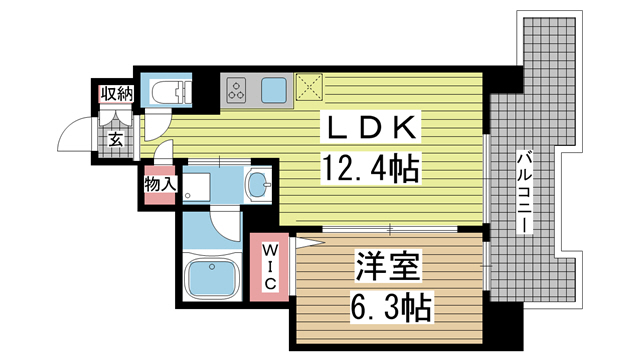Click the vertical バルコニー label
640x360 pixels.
click(524, 191)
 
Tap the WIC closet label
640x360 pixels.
click(270, 265)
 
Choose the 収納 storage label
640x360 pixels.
click(116, 95)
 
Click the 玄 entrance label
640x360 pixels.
click(116, 139)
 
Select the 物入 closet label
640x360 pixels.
click(159, 184)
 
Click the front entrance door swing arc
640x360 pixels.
click(76, 137)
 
